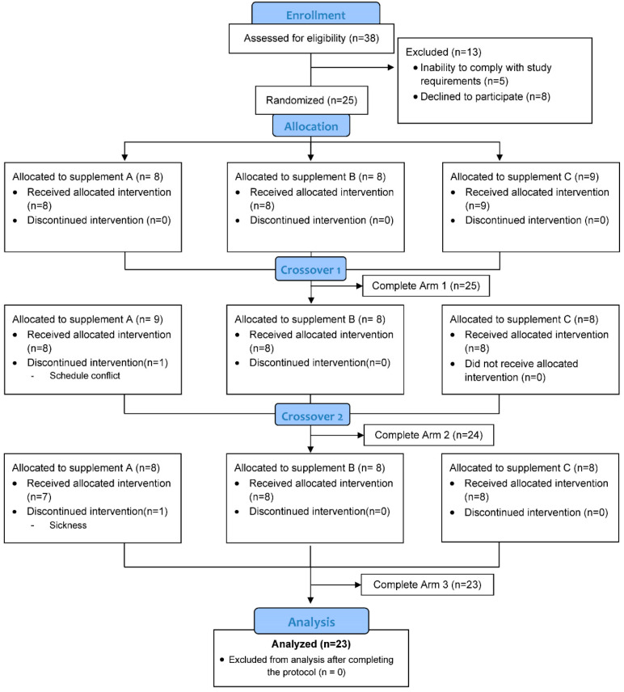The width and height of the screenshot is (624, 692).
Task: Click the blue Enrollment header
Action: pos(315,14)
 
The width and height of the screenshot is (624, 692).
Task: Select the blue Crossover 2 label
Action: pos(310,415)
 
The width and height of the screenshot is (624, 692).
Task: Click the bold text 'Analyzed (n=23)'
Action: pos(310,645)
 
